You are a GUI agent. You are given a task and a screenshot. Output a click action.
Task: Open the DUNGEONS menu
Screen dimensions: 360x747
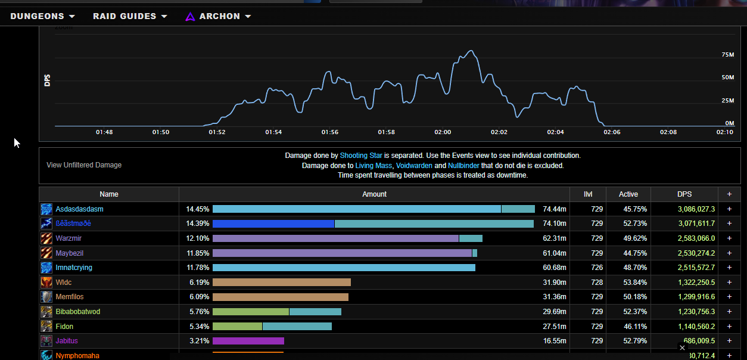pos(42,16)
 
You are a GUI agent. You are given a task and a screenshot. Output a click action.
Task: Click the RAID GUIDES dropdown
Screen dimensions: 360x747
pos(130,16)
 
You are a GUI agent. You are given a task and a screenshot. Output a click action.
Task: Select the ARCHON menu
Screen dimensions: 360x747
pos(219,16)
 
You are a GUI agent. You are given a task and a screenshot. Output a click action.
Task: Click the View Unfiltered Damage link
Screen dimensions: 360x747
pos(84,165)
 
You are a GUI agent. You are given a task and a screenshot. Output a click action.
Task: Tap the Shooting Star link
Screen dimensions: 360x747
pos(361,156)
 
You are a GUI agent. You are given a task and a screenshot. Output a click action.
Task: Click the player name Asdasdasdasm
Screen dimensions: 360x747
pos(79,209)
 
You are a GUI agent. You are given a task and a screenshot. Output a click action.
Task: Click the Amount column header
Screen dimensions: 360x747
pos(374,194)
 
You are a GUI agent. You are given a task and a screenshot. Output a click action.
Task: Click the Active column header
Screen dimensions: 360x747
pos(628,194)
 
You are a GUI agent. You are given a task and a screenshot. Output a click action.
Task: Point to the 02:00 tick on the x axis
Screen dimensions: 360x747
pos(443,132)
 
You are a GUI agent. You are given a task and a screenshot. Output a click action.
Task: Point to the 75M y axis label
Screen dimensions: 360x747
pos(727,55)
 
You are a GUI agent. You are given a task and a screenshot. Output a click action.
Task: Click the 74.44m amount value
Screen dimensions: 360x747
pos(554,209)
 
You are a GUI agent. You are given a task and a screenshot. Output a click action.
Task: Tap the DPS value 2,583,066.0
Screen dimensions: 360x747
pos(696,238)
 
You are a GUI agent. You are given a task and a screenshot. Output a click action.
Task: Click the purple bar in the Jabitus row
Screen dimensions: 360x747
pos(248,341)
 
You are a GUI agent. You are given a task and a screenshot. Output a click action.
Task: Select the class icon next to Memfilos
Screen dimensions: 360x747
pos(46,297)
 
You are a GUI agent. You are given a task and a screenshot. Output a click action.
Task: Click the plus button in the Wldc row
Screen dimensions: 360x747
pos(729,283)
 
